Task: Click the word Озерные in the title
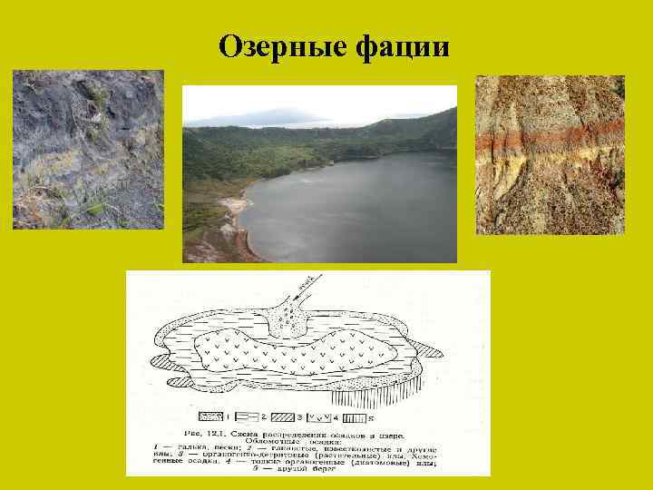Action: click(276, 47)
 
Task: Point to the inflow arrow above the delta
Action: click(309, 282)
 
